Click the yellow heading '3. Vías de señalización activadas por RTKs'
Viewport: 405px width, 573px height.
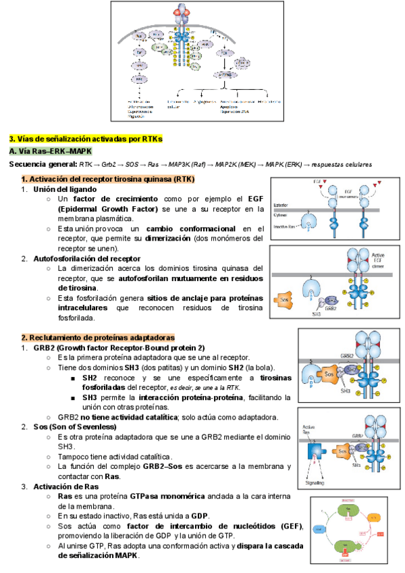pos(86,139)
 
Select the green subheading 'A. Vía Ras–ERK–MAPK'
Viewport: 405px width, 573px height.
pos(50,151)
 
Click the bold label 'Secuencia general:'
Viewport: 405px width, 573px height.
pos(43,165)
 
